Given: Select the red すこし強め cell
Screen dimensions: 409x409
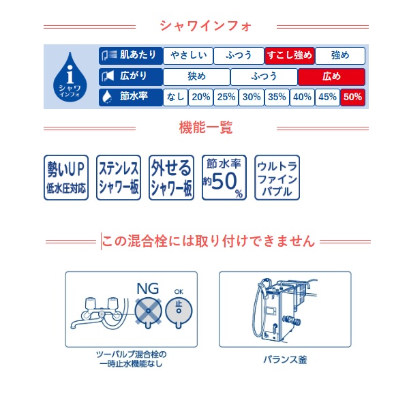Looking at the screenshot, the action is [289, 56].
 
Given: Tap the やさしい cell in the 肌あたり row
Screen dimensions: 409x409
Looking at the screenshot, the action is [188, 56].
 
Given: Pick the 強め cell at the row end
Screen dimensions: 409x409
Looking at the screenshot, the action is [340, 56].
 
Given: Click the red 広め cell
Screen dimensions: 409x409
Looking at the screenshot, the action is [331, 76].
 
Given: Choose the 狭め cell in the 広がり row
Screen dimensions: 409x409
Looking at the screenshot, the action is [197, 76].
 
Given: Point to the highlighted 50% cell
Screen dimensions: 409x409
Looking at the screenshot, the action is [352, 97].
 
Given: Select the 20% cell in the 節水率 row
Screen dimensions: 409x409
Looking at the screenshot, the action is [201, 97].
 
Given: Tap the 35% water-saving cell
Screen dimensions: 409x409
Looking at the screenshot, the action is [277, 97].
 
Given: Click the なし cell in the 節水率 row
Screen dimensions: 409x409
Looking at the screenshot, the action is [176, 97].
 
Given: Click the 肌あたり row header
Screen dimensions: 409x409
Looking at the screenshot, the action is [131, 56].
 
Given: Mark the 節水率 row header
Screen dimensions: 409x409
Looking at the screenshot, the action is [131, 97].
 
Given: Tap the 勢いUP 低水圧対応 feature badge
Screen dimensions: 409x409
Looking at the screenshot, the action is [66, 177].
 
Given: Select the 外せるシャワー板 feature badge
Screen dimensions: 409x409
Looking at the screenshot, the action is [171, 177].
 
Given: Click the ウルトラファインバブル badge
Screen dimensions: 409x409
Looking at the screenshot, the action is [277, 177].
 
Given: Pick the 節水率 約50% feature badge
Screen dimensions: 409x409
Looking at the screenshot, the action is [224, 177].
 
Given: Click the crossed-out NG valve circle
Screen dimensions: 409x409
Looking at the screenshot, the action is [148, 312].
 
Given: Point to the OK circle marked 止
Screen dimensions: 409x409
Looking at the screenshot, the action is [179, 312].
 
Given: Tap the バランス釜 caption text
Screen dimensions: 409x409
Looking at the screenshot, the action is [285, 360].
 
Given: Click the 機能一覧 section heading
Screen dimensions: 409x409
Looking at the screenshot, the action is [206, 128].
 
